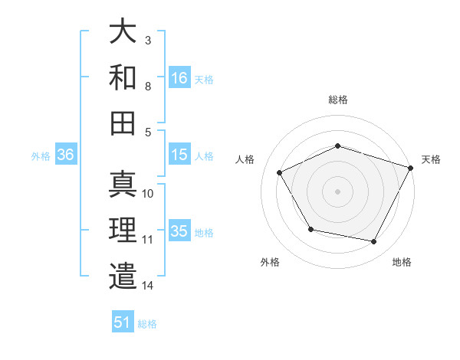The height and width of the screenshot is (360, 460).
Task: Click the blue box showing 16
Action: click(x=179, y=77)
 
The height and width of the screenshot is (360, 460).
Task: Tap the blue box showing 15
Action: click(x=179, y=155)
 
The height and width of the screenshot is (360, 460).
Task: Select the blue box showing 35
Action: click(x=179, y=231)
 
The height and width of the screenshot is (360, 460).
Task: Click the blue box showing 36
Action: click(x=66, y=155)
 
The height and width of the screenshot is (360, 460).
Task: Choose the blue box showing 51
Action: click(x=123, y=322)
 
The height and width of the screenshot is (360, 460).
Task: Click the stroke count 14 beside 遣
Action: click(x=147, y=286)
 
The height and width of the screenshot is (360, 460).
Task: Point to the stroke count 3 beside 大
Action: click(x=147, y=39)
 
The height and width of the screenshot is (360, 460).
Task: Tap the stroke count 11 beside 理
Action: click(x=147, y=240)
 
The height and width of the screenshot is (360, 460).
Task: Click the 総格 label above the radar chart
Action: click(x=337, y=100)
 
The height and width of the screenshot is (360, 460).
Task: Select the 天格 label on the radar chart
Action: click(x=431, y=159)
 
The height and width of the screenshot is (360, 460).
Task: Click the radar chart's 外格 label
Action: click(x=270, y=262)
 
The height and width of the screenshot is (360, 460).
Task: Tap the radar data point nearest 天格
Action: click(x=411, y=167)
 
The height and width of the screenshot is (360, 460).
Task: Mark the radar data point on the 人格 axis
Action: click(x=279, y=173)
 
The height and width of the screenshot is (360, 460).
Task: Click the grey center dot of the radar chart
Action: click(x=337, y=191)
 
